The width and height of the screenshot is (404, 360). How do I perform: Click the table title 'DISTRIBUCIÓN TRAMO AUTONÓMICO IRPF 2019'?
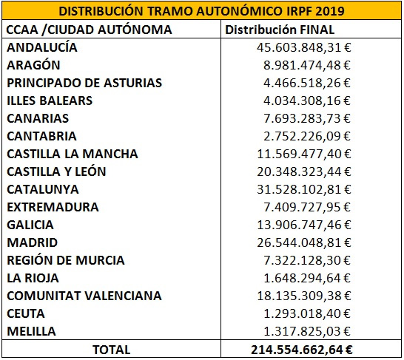[x=201, y=11]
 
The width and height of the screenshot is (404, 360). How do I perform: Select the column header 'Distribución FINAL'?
[x=280, y=30]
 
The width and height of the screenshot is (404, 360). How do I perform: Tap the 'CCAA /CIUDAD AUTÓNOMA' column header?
[x=89, y=30]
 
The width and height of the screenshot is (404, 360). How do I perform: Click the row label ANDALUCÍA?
[x=42, y=47]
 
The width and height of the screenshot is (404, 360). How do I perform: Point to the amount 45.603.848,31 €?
[x=304, y=47]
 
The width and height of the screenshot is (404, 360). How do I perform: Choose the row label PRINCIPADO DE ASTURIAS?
[x=84, y=83]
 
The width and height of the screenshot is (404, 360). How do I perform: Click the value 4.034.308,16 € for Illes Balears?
[x=307, y=101]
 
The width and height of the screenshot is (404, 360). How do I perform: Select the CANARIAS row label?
[x=38, y=118]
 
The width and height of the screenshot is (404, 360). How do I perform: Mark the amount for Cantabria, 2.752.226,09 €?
[x=307, y=136]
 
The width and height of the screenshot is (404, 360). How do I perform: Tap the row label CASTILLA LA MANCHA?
[x=73, y=154]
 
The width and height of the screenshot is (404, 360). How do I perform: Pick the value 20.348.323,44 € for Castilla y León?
[x=304, y=171]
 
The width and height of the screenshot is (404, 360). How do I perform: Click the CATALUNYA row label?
[x=43, y=189]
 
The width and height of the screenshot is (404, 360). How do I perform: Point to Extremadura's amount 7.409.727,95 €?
[x=307, y=207]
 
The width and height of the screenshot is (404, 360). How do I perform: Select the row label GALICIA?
[x=30, y=225]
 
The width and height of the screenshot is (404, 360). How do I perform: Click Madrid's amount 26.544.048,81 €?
[x=304, y=242]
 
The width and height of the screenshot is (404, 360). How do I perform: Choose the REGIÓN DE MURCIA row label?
[x=66, y=260]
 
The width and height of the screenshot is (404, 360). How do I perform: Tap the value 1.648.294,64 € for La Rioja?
[x=307, y=278]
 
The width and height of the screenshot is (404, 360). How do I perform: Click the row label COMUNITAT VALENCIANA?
[x=84, y=296]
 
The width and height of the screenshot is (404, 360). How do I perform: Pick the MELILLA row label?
[x=31, y=331]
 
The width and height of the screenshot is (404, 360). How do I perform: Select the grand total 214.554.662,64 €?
[x=301, y=350]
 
